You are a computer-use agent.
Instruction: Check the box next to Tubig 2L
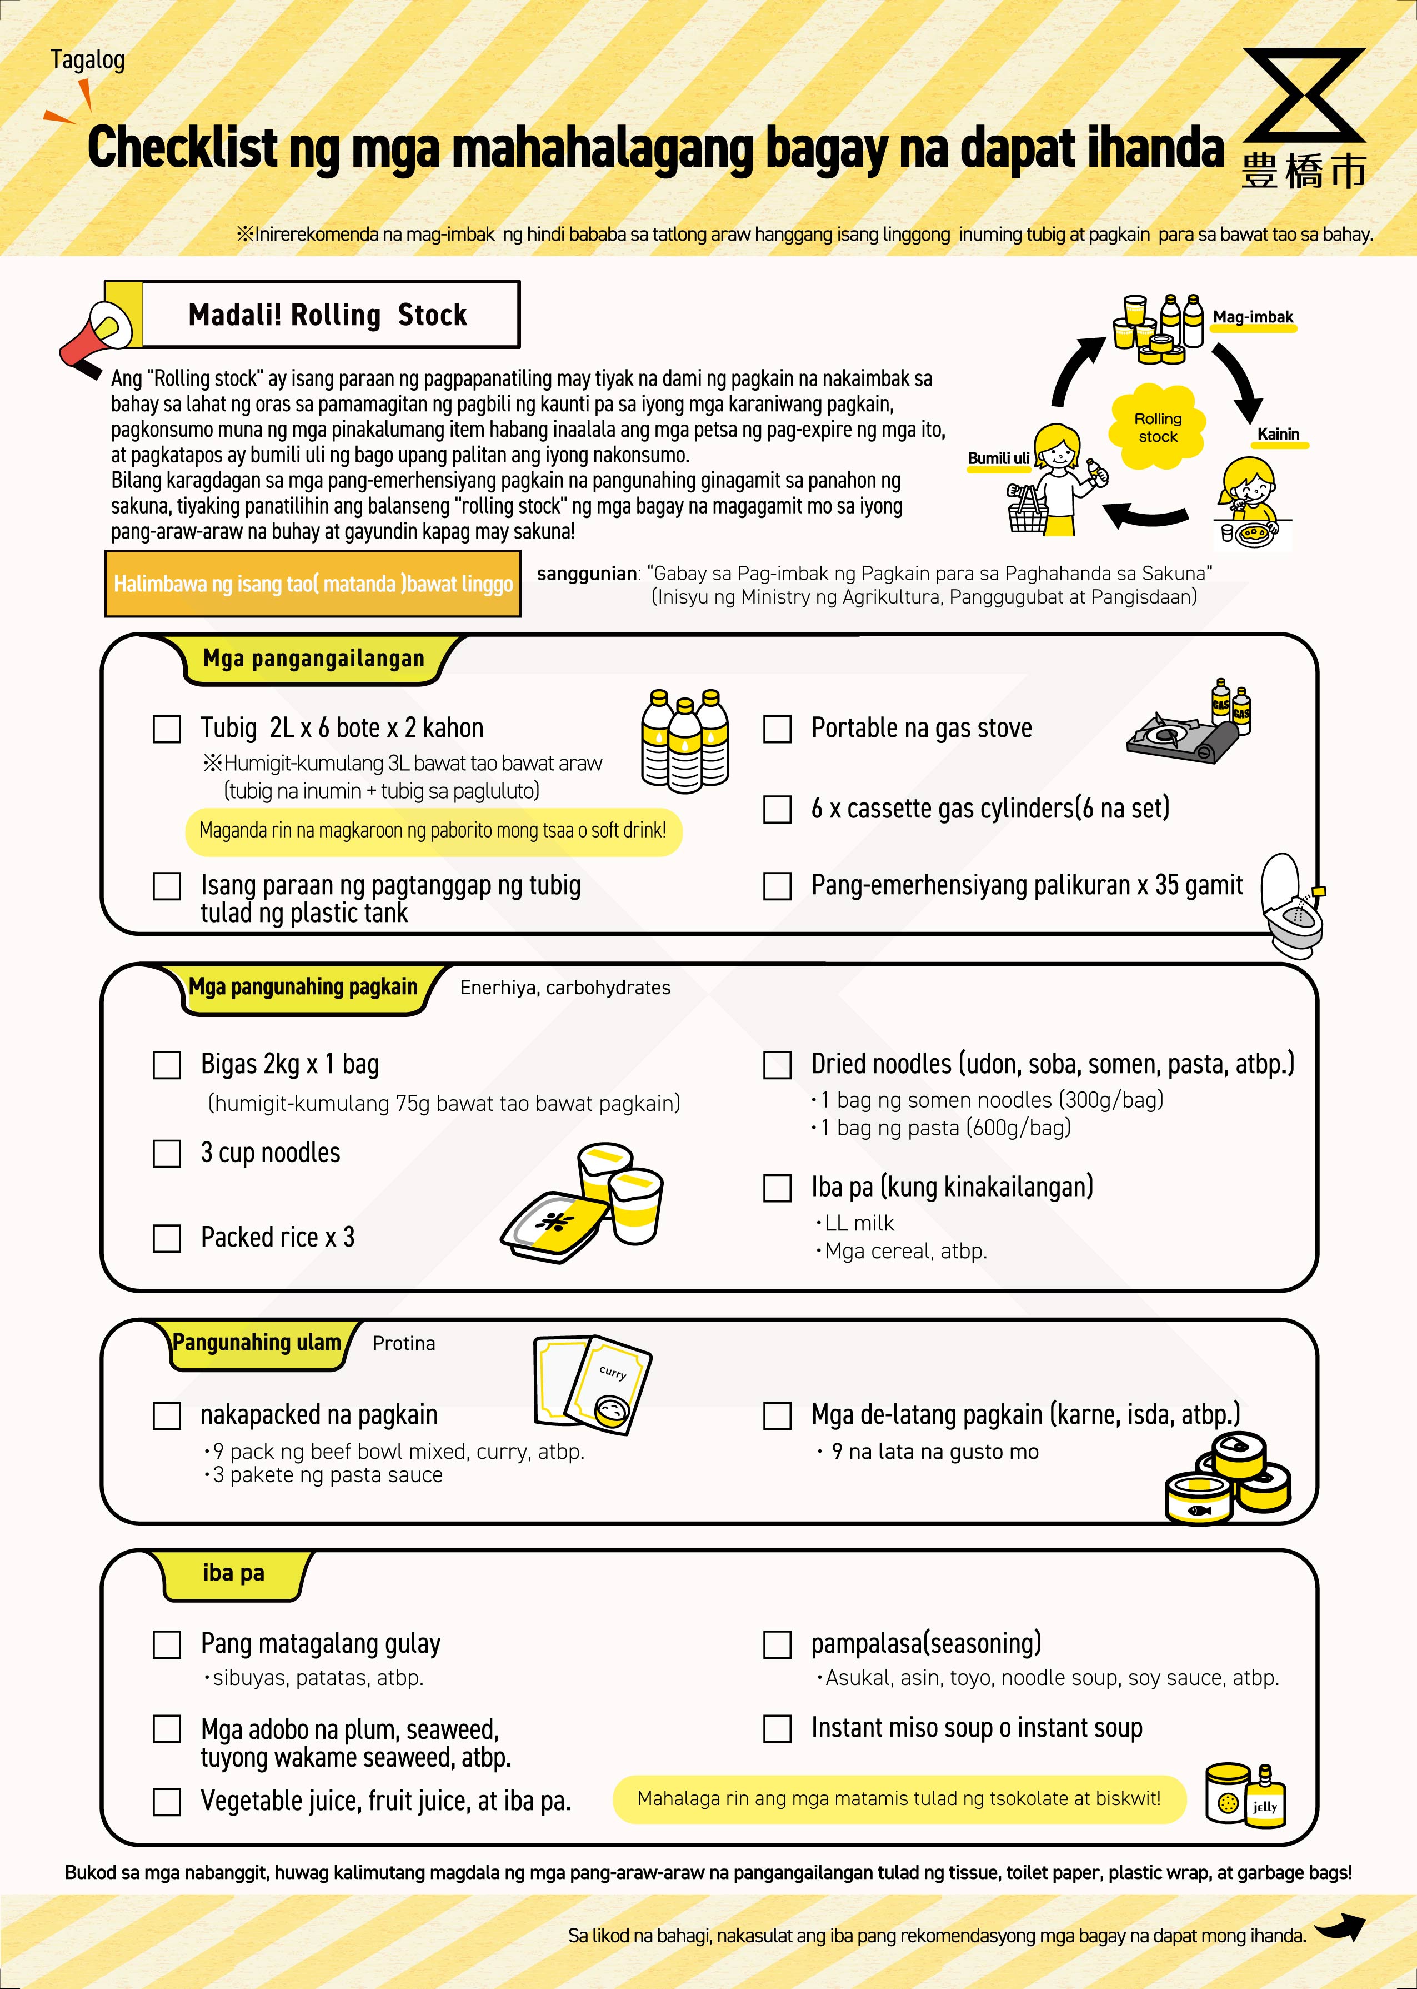tap(167, 729)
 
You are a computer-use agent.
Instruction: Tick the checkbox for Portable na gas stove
tap(778, 729)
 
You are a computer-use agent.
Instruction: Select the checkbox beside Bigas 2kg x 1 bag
tap(167, 1065)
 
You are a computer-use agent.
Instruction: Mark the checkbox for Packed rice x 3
tap(167, 1238)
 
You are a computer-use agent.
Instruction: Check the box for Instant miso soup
tap(778, 1728)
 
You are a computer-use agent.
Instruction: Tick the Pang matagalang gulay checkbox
tap(167, 1644)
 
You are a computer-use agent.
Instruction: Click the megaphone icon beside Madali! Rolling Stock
tap(96, 337)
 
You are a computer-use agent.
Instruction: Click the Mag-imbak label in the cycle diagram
tap(1253, 317)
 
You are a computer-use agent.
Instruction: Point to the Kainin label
tap(1278, 434)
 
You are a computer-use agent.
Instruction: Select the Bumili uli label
tap(998, 458)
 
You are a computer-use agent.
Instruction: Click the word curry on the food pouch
tap(613, 1373)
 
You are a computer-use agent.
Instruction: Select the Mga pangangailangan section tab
tap(313, 659)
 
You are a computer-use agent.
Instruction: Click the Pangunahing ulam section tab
tap(257, 1342)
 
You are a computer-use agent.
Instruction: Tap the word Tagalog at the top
tap(87, 60)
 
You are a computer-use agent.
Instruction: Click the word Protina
tap(403, 1343)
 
